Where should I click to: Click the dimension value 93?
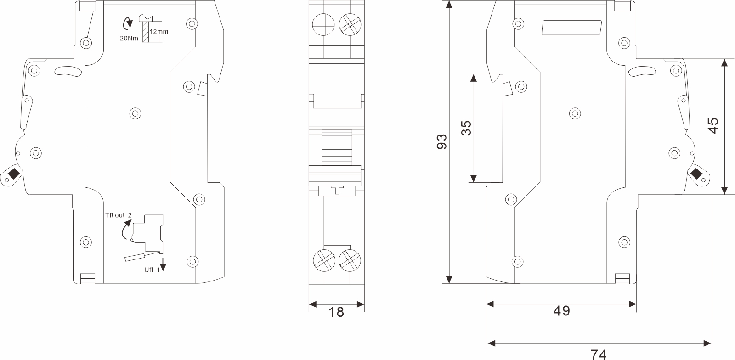(x=441, y=142)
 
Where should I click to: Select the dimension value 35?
(x=466, y=128)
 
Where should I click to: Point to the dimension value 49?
(x=561, y=311)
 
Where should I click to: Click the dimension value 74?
(x=599, y=354)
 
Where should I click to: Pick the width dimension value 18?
(x=336, y=312)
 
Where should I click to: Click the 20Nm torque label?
(x=129, y=39)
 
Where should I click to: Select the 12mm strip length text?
(x=159, y=32)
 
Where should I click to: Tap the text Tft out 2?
(x=119, y=215)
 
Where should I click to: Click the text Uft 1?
(x=152, y=270)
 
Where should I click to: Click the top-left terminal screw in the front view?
(x=323, y=24)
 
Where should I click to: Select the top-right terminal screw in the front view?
(x=350, y=24)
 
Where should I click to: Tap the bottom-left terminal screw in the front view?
(x=323, y=260)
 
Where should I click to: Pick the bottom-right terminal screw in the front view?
(x=350, y=260)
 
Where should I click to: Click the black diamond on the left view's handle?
(x=13, y=174)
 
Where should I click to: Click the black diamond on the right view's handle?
(x=696, y=174)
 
